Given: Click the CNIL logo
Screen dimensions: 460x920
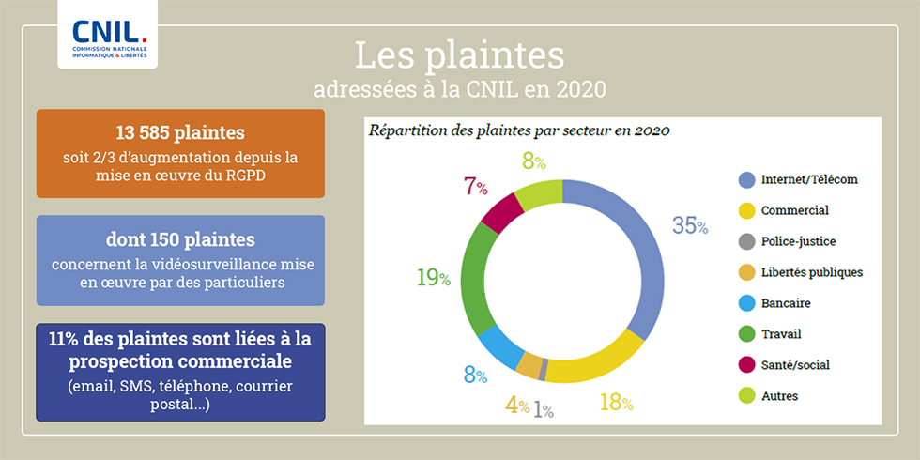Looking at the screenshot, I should (x=107, y=35).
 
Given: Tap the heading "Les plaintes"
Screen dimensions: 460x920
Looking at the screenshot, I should (x=459, y=55).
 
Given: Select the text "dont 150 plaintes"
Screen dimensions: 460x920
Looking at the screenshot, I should (x=180, y=239).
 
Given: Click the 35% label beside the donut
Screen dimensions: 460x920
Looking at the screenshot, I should (x=689, y=225).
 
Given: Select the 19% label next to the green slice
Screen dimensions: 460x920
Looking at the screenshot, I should (x=434, y=278).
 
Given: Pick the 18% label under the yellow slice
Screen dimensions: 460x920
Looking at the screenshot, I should (x=616, y=404).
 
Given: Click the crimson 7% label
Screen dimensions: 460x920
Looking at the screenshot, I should (x=475, y=186).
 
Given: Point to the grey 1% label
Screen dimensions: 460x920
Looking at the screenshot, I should (x=544, y=409).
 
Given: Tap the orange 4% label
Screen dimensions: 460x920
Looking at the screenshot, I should (x=517, y=406).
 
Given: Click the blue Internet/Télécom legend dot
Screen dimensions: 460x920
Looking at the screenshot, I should (x=746, y=179).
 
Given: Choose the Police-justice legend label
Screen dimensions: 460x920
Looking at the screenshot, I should (x=798, y=241).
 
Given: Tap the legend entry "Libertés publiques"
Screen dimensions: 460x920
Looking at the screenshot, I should (x=811, y=272).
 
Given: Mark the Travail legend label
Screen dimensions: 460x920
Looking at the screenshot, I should (x=781, y=333).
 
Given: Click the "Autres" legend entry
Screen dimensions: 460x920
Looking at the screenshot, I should (x=779, y=395).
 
